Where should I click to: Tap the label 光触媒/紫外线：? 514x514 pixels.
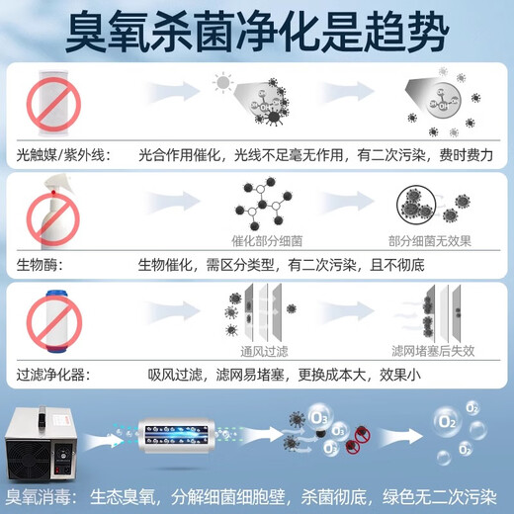click(57, 154)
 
